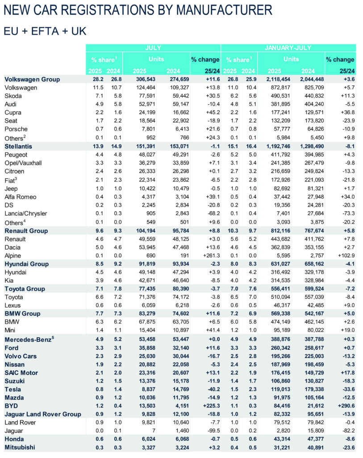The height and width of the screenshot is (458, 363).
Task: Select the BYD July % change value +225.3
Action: click(x=209, y=406)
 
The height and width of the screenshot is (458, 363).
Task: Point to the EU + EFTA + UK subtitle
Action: click(x=45, y=31)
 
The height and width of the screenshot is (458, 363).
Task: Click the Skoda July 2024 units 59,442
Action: click(x=178, y=96)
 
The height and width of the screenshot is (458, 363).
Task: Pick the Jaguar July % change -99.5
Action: click(x=212, y=431)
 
